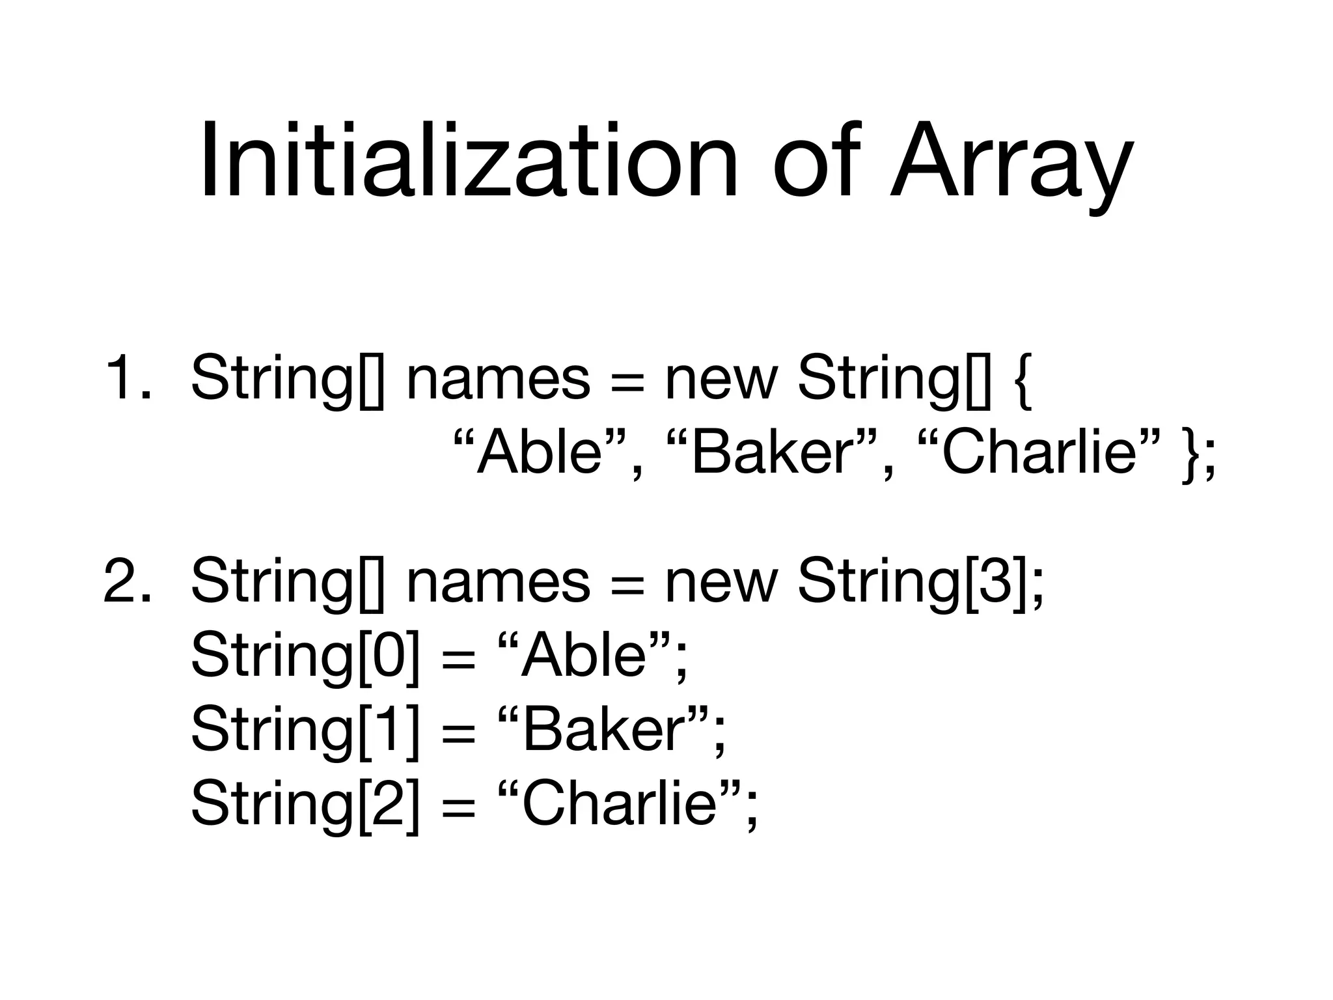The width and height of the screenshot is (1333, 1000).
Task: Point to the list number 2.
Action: [126, 581]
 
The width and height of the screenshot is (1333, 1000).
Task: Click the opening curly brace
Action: [1023, 380]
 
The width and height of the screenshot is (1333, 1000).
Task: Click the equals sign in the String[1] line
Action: [458, 733]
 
